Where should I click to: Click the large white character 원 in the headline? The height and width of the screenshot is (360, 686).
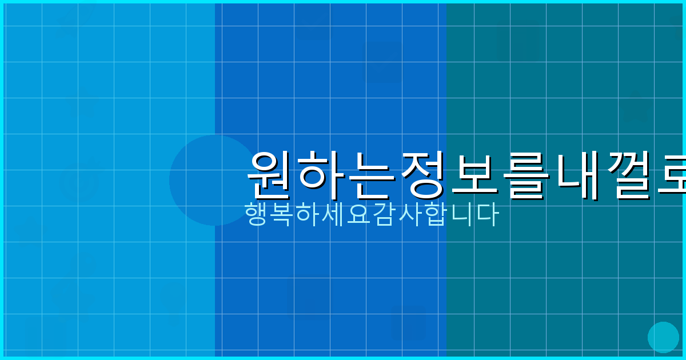272,174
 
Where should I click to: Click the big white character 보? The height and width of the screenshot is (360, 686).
477,174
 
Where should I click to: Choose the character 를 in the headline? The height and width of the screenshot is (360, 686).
529,174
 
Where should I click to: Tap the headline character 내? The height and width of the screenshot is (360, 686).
580,174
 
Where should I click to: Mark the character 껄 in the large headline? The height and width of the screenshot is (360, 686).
632,174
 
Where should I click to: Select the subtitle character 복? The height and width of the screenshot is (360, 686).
282,214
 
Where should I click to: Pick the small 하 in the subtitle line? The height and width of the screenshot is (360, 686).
308,214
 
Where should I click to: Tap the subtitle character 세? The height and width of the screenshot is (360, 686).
333,214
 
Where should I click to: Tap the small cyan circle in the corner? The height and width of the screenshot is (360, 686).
663,337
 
